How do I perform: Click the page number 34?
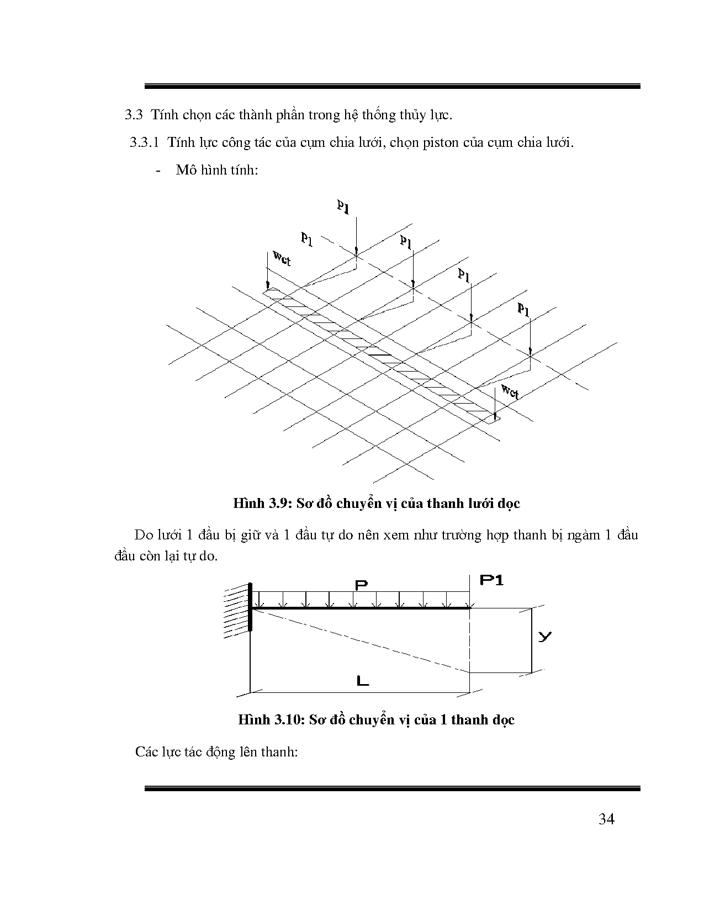[606, 819]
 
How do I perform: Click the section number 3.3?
[134, 115]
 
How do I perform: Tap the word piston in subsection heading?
[440, 143]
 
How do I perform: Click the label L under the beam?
[362, 681]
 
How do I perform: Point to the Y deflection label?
[544, 637]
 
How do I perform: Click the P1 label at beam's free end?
[491, 580]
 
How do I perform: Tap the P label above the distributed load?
[362, 584]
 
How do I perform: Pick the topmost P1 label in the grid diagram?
[343, 206]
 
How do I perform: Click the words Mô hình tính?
[217, 170]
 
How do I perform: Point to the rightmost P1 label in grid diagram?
[523, 309]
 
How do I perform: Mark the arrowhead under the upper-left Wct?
[268, 286]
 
